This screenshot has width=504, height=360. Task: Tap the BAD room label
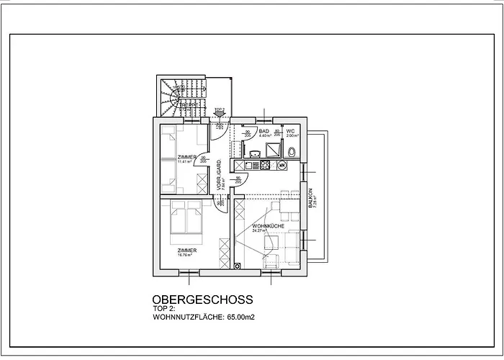click(x=264, y=132)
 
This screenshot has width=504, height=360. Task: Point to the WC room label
click(x=291, y=132)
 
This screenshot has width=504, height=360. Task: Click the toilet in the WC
click(x=291, y=152)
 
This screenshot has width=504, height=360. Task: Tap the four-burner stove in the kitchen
click(x=264, y=166)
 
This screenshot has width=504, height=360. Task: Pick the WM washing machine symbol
click(x=282, y=166)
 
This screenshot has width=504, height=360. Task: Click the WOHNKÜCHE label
click(x=268, y=227)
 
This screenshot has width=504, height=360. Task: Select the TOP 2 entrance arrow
click(x=220, y=112)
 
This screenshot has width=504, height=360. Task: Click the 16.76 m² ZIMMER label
click(x=186, y=252)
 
